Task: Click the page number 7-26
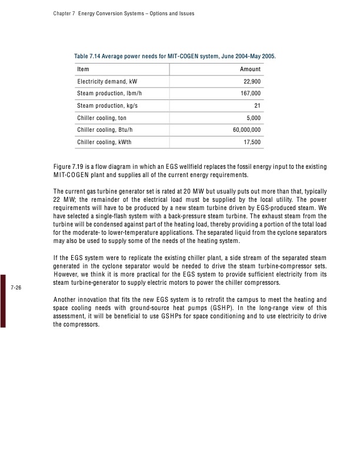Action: coord(16,288)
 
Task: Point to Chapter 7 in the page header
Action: coord(55,13)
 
